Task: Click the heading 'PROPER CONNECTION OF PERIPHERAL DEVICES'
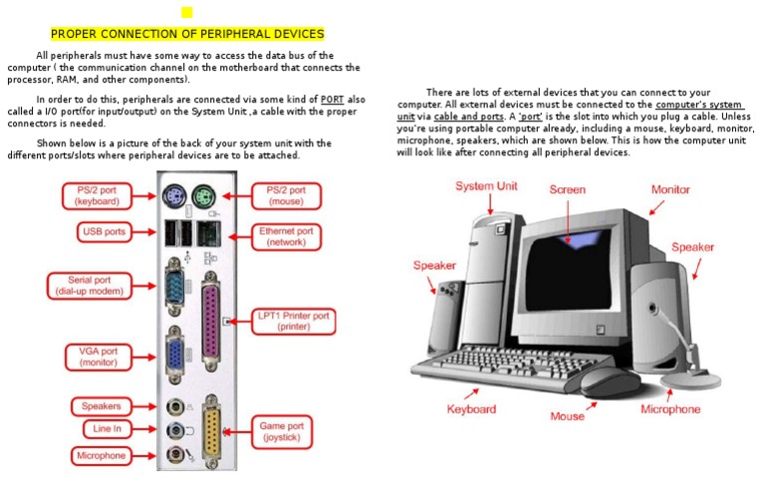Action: [187, 34]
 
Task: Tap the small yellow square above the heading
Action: [186, 12]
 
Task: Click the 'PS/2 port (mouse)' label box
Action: [286, 195]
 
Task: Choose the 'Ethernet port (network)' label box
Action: [286, 236]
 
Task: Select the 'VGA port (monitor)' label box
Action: [98, 357]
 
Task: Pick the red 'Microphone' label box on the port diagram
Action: [102, 455]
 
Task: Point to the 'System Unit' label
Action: [486, 186]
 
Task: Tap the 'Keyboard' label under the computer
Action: [471, 409]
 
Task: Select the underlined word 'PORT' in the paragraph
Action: [332, 100]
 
